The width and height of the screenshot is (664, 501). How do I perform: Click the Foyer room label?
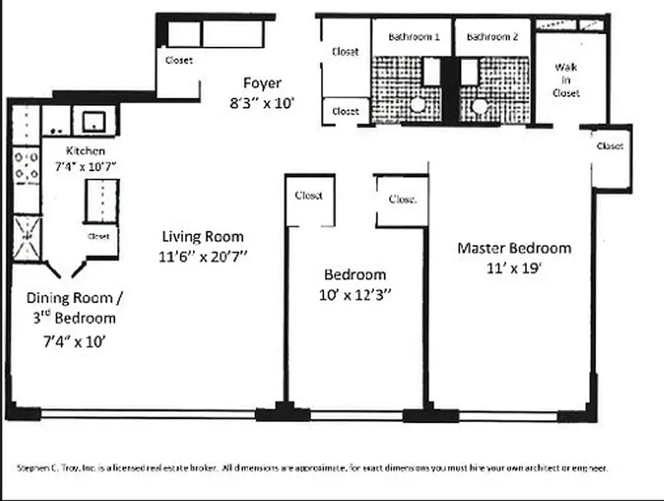(x=262, y=83)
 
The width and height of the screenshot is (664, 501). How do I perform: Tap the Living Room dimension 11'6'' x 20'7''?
(x=202, y=257)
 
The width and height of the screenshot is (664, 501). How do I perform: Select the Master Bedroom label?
(x=514, y=248)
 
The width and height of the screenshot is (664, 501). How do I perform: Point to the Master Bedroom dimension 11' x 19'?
(x=514, y=269)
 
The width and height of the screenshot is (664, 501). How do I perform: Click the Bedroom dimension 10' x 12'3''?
(x=355, y=295)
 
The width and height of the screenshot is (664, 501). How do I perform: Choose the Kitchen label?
(x=85, y=151)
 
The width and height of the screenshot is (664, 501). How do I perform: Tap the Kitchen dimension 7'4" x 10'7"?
(x=85, y=165)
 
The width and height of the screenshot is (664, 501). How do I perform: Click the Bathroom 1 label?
(x=413, y=37)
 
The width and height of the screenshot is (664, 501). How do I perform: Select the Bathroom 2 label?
(x=492, y=37)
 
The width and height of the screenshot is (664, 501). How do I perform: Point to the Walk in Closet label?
(x=566, y=80)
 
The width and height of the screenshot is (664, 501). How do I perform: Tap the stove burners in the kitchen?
(x=26, y=165)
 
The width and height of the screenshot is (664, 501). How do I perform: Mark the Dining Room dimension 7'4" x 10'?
(x=74, y=342)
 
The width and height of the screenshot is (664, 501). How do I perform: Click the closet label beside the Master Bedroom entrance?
(x=610, y=146)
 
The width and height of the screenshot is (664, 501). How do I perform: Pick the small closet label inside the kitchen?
(x=99, y=236)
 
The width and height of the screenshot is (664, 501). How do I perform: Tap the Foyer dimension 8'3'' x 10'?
(x=262, y=103)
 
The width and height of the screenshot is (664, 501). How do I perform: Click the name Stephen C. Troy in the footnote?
(x=42, y=468)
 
